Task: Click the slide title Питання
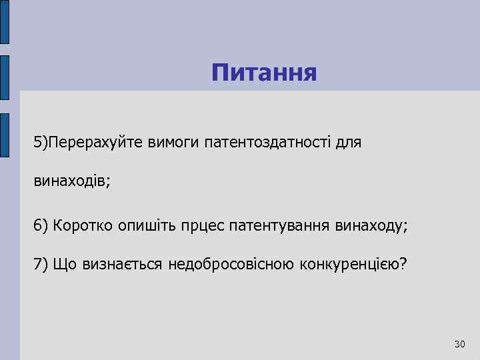click(x=264, y=72)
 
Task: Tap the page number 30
click(x=459, y=344)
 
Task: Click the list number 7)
click(x=41, y=264)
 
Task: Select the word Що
click(x=67, y=264)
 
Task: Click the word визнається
click(x=123, y=264)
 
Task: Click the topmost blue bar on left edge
click(x=5, y=21)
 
